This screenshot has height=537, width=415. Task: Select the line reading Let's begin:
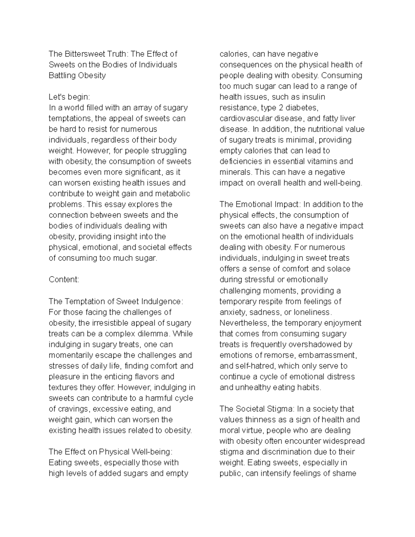[69, 97]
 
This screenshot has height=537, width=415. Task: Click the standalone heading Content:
[64, 279]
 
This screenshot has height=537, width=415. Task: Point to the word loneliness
[313, 312]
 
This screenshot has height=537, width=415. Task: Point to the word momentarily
[71, 355]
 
